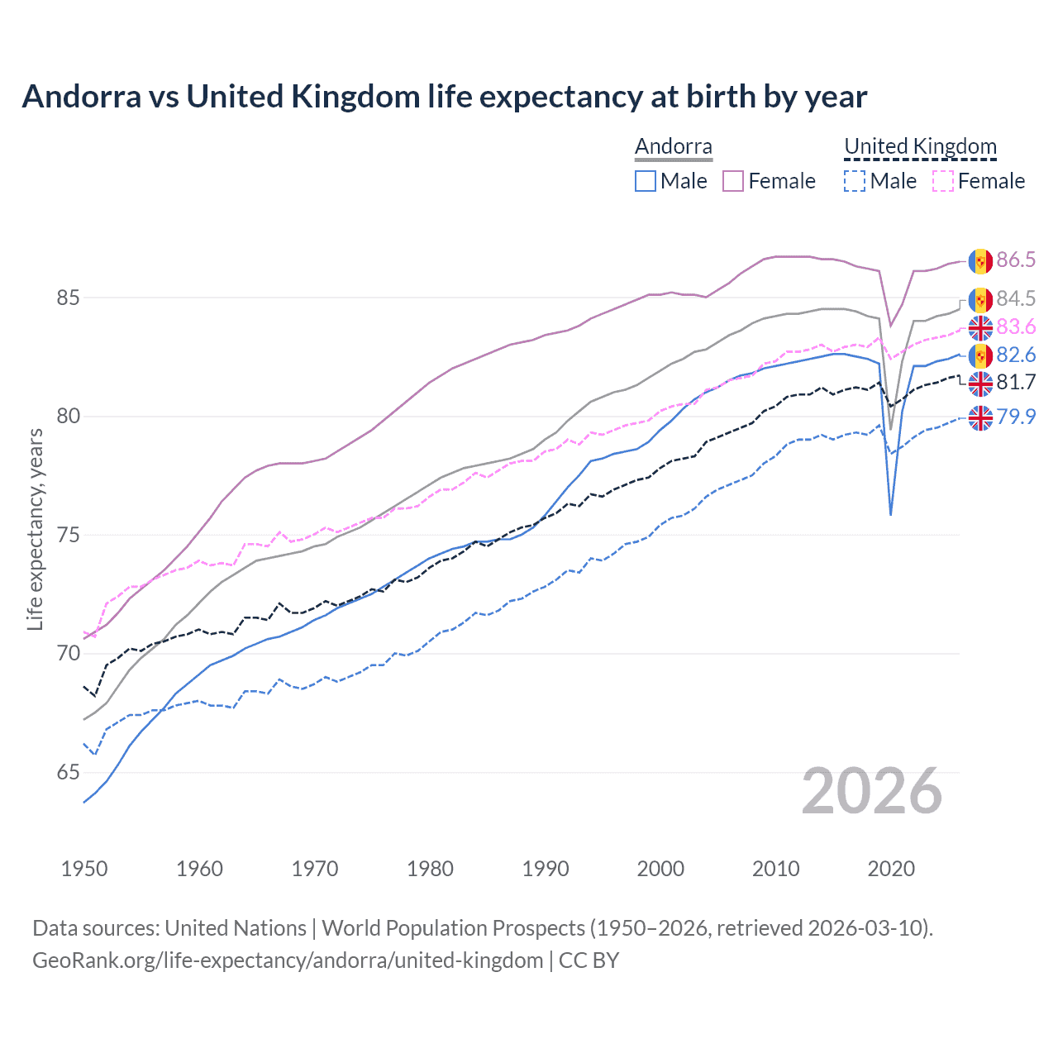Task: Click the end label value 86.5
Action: coord(1016,260)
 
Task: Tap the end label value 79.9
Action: coord(1016,417)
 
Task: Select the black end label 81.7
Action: coord(1016,382)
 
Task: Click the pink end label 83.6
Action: coord(1016,326)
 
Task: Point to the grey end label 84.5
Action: coord(1016,298)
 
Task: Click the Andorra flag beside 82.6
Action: coord(980,355)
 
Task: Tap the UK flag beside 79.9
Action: coord(980,418)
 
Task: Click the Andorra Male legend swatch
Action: coord(646,181)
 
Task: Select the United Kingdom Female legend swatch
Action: coord(943,181)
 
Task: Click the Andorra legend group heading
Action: coord(673,147)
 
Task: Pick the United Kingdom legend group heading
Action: coord(920,147)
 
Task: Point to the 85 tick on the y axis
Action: coord(69,298)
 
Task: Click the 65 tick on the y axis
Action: coord(69,773)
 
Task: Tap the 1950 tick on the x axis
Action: coord(84,869)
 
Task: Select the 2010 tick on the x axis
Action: coord(775,869)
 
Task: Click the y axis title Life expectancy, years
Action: coord(35,529)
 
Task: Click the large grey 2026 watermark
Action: coord(872,791)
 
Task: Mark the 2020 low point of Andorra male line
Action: coord(890,515)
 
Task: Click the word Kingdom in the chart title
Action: coord(362,97)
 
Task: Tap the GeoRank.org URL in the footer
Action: coord(288,960)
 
